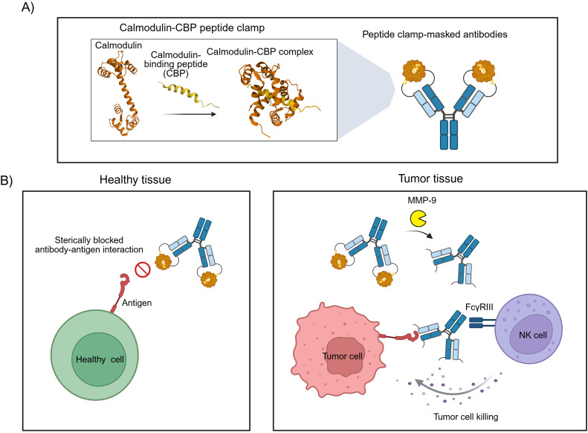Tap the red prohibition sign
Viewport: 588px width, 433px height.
click(x=143, y=269)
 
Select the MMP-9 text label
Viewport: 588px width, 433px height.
click(x=422, y=200)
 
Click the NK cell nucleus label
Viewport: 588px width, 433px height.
click(x=532, y=335)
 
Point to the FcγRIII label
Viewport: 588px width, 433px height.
click(x=479, y=307)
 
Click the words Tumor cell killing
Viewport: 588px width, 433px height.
click(x=466, y=417)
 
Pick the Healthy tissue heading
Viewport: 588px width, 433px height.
click(x=135, y=180)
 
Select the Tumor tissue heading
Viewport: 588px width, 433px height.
click(x=430, y=179)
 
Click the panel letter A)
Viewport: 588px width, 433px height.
click(x=28, y=7)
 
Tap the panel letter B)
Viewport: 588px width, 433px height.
click(x=7, y=181)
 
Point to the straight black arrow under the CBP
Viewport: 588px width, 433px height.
click(x=190, y=114)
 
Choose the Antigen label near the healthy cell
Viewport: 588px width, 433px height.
click(x=137, y=303)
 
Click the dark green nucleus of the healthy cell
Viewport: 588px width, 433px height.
click(x=99, y=359)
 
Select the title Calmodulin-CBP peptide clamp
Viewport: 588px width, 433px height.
click(x=192, y=28)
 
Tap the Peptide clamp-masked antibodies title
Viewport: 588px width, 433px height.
click(x=435, y=34)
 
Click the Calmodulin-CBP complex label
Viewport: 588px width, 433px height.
click(x=260, y=52)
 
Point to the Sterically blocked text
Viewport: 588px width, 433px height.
click(x=89, y=240)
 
